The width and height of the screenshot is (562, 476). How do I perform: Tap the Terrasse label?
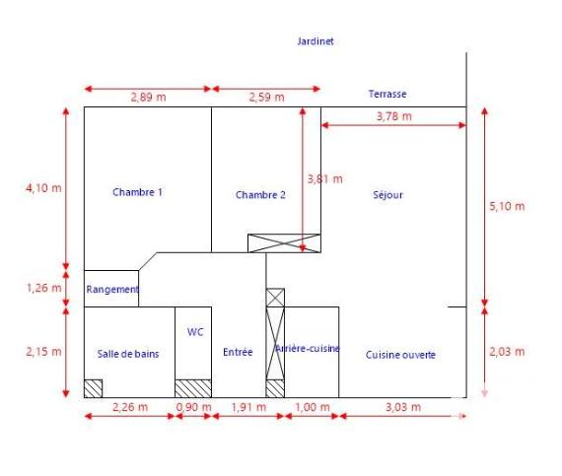[387, 95]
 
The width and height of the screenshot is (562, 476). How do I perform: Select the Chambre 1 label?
[137, 193]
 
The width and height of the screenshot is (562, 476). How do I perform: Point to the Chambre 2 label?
[260, 195]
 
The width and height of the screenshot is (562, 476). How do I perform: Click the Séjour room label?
[388, 195]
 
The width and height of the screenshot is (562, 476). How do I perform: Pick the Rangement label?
[111, 290]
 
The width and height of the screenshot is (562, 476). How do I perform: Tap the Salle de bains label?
[128, 354]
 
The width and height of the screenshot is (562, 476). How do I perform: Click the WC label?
[194, 332]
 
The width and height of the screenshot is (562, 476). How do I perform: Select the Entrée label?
[238, 353]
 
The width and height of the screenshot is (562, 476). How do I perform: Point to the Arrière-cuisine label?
[308, 349]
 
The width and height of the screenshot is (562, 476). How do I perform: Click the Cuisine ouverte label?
[400, 355]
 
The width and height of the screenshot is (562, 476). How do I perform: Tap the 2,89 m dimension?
[148, 98]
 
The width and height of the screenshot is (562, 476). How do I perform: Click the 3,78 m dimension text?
[393, 116]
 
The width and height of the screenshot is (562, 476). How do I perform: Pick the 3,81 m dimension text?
[325, 179]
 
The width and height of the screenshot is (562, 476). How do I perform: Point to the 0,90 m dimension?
[193, 407]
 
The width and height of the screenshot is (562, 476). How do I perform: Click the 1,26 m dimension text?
[43, 289]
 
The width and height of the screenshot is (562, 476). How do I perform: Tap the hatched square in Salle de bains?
[93, 388]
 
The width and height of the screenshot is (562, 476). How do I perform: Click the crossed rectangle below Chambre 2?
[284, 243]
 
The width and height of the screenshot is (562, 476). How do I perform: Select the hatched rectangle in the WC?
[193, 388]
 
